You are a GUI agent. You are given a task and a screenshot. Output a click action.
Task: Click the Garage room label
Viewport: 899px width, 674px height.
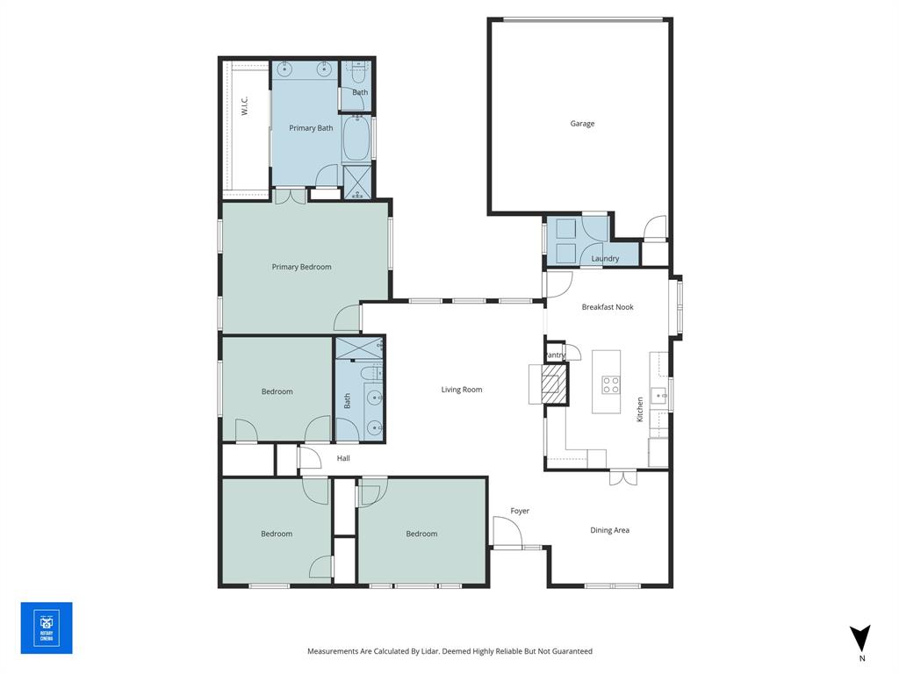point(582,124)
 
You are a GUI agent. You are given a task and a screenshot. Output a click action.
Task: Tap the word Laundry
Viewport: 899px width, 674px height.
point(605,259)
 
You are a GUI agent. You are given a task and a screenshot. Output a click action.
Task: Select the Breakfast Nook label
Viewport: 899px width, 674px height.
point(608,307)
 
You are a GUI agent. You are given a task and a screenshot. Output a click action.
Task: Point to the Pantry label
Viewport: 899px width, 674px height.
point(555,355)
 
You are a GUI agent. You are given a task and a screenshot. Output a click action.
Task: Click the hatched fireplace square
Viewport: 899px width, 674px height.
point(554,384)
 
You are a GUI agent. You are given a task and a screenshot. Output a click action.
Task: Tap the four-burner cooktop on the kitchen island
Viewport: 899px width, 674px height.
point(610,384)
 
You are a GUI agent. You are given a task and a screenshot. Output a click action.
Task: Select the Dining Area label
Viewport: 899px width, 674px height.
point(609,530)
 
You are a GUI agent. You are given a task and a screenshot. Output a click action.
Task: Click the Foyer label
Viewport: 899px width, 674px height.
point(520,511)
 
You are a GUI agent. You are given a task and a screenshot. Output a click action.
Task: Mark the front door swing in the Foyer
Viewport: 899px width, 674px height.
point(506,532)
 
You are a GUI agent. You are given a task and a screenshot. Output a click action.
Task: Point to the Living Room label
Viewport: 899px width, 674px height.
point(462,390)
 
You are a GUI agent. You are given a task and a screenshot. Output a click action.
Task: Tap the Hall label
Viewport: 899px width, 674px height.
point(343,458)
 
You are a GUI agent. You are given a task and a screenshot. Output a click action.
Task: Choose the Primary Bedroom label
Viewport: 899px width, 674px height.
point(301,267)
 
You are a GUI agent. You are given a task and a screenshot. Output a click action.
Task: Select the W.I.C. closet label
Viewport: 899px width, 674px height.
point(244,105)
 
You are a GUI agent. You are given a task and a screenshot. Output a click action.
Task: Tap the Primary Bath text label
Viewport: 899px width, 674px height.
point(311,128)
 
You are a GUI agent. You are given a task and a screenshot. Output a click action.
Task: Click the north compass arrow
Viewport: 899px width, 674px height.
point(861,637)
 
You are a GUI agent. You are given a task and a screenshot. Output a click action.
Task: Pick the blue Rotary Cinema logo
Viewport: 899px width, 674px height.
point(47,627)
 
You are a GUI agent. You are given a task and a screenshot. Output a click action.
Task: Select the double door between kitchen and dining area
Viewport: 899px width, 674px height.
point(622,477)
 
